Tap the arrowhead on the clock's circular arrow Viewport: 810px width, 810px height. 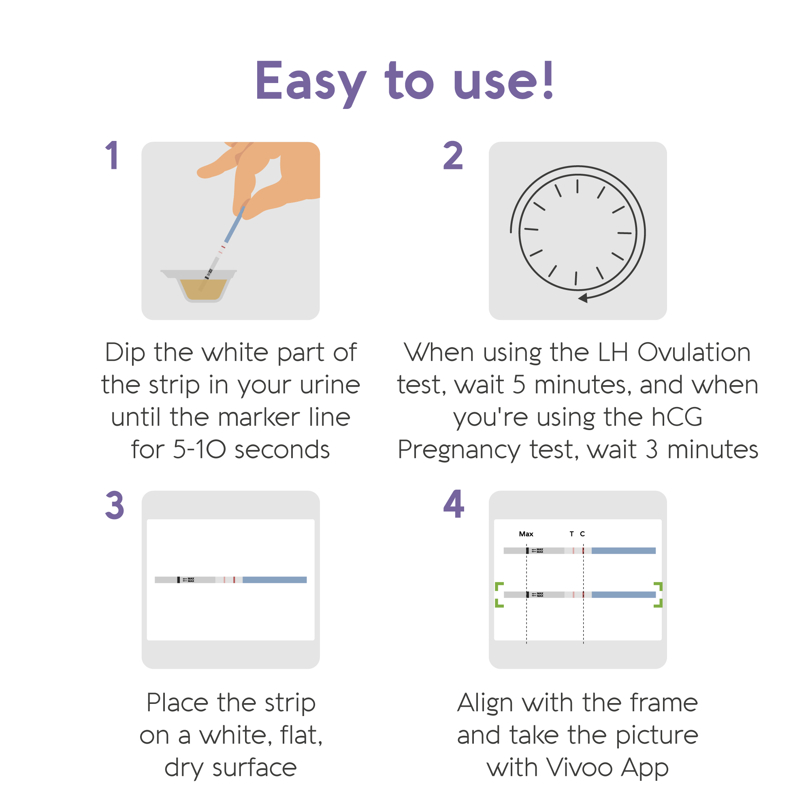(583, 298)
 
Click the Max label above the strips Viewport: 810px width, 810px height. (526, 534)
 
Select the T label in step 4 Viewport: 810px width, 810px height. (571, 534)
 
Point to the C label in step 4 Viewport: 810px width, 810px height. (582, 534)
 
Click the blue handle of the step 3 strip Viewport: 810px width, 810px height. (275, 580)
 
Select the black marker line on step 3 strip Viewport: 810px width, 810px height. (179, 580)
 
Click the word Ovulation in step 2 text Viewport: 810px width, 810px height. (694, 352)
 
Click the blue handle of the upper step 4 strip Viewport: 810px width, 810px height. (624, 550)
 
